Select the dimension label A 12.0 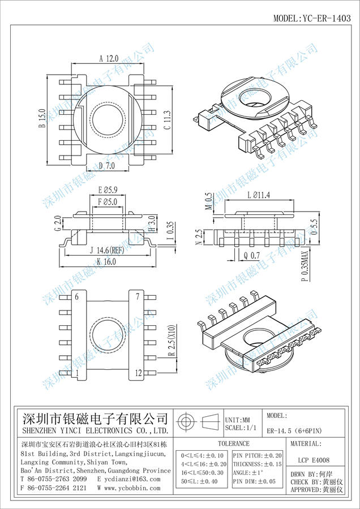tap(109, 58)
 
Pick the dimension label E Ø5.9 tap(108, 191)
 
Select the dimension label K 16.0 tap(106, 262)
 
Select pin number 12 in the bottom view tap(138, 373)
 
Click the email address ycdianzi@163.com tap(128, 479)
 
